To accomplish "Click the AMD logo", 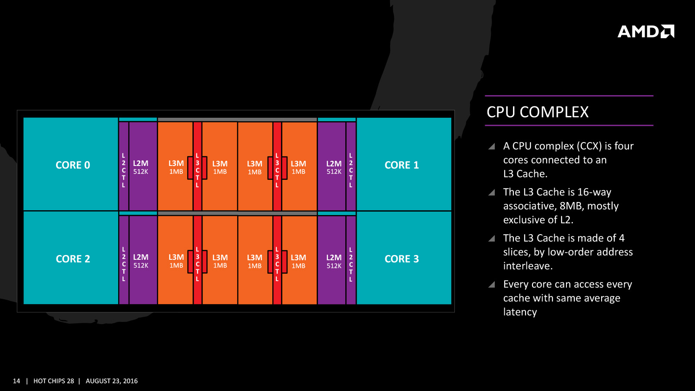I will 645,31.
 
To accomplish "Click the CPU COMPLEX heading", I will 537,112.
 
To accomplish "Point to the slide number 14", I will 17,381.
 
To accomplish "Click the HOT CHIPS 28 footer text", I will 53,381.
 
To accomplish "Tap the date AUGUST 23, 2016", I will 112,381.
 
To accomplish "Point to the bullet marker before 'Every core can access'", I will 492,285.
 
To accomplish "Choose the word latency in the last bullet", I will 520,312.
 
